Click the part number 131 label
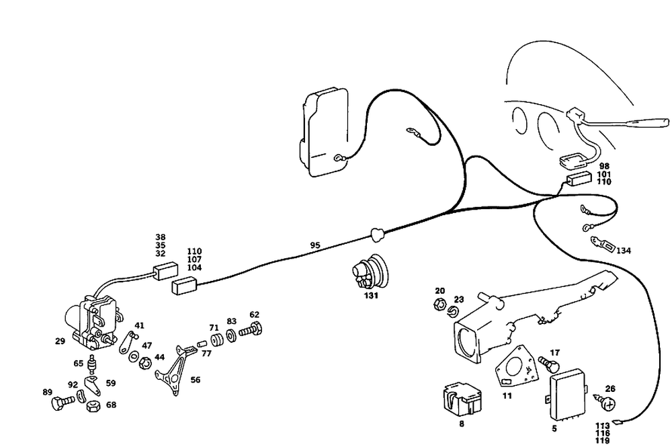tap(371, 296)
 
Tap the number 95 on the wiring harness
tap(315, 245)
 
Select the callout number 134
tap(624, 251)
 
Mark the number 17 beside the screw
tap(554, 352)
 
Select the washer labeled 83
tap(230, 334)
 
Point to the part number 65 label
tap(79, 363)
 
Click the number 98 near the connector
tap(604, 165)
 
